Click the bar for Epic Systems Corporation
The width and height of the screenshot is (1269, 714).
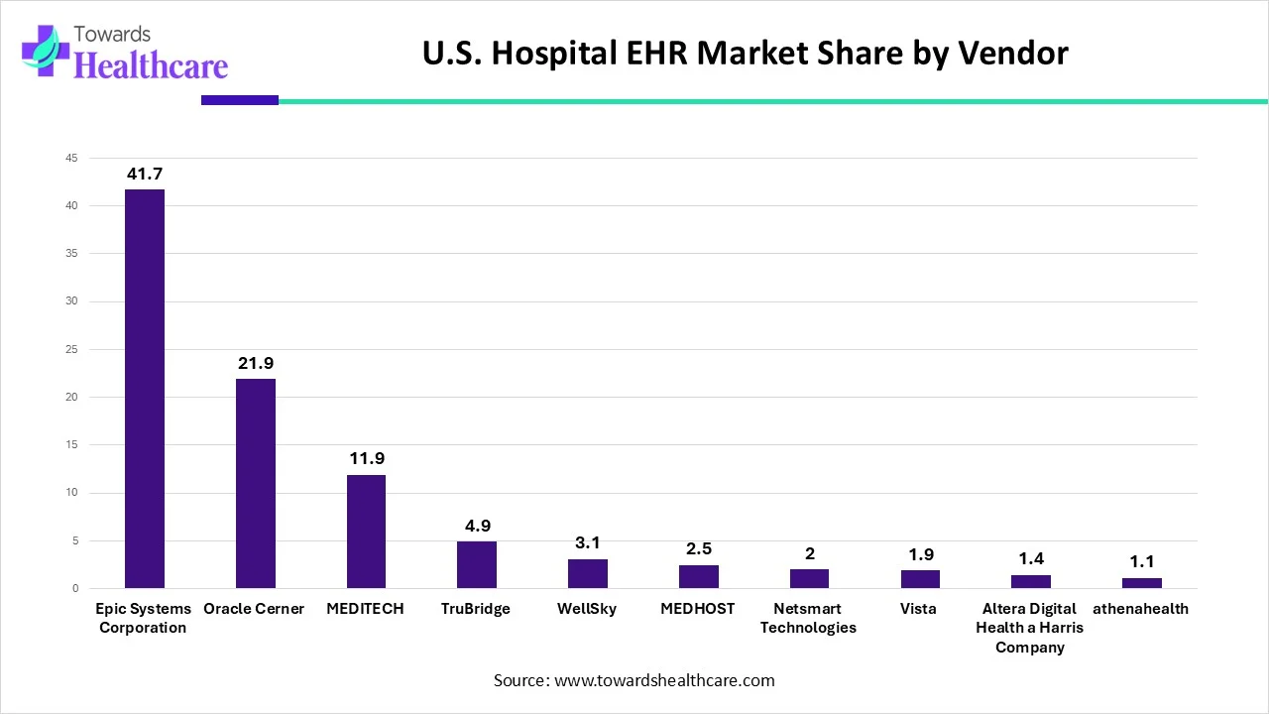144,389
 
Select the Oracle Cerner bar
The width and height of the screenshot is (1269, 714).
255,483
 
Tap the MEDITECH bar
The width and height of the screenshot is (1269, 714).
366,532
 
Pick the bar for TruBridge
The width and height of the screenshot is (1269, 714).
477,565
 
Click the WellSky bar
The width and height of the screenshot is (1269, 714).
588,574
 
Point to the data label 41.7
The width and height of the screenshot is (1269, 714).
145,175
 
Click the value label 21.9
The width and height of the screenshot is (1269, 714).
256,364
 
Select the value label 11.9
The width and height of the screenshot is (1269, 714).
367,459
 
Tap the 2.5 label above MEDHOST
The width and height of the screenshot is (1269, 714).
699,549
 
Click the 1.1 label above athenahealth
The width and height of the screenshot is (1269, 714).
1142,562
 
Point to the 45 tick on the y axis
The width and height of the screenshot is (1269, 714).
71,158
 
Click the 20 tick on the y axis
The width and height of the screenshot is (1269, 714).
71,398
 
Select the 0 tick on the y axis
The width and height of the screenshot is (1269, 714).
74,589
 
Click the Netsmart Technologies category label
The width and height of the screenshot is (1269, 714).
809,618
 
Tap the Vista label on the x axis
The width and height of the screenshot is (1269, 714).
919,609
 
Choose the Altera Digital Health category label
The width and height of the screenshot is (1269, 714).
1030,628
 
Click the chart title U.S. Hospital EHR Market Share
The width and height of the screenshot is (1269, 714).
745,53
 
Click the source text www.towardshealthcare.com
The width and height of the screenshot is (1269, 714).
634,680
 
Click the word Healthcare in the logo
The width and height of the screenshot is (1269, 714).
151,65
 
